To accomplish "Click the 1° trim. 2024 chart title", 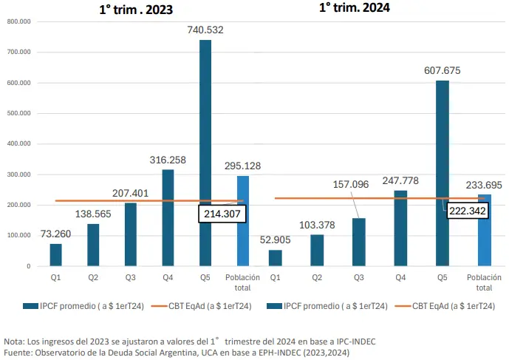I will click(x=355, y=8).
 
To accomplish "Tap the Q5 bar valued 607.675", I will click(x=442, y=173).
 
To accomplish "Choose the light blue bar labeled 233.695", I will click(x=484, y=230).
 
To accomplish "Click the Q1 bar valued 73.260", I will click(x=56, y=255).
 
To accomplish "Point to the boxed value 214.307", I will click(x=222, y=213).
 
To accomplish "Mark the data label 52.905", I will click(x=276, y=240).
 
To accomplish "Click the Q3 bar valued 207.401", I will click(x=131, y=234).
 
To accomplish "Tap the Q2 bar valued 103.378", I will click(x=317, y=250).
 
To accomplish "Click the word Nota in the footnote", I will click(x=14, y=341).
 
